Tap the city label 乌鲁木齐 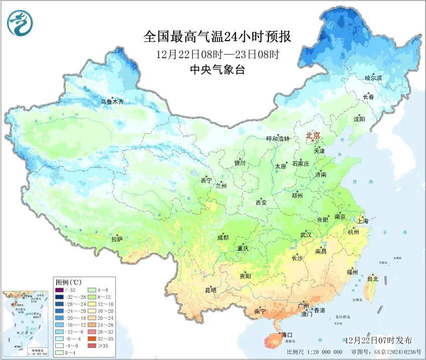coord(111,102)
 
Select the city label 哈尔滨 coord(373,78)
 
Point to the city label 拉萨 coord(117,240)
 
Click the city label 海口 coord(287,334)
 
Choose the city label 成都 coord(223,238)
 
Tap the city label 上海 coord(362,221)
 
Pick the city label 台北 coord(373,278)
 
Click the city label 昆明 coord(210,290)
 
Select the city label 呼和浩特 coord(277,139)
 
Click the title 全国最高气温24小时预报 coord(217,37)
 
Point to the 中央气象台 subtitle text coord(217,70)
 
